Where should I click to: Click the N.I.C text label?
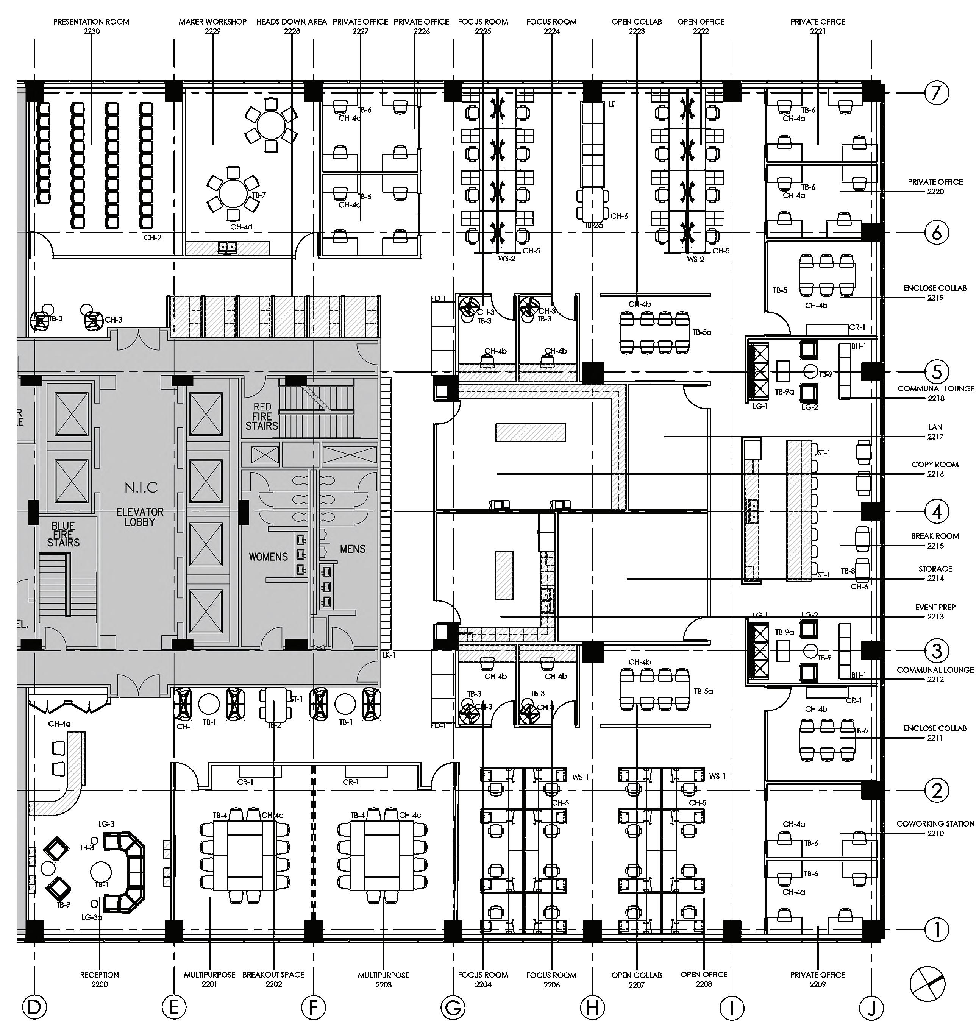(141, 488)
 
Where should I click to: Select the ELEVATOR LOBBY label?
(140, 516)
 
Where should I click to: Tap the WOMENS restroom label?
(268, 557)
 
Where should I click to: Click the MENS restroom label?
(353, 549)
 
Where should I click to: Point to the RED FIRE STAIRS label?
(262, 416)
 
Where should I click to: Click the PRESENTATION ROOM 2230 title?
(91, 26)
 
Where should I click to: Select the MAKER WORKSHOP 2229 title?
(212, 26)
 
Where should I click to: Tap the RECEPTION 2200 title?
(99, 979)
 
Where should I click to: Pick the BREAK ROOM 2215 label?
(935, 540)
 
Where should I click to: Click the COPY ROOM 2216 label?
(935, 469)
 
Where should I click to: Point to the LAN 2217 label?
(935, 432)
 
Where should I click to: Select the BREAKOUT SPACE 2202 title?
(273, 979)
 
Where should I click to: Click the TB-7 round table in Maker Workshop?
(232, 193)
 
